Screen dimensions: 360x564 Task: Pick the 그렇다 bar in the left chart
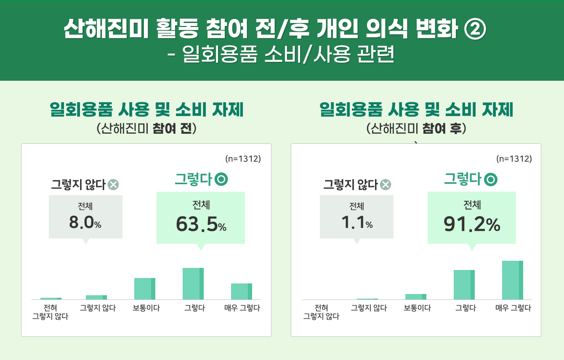(193, 283)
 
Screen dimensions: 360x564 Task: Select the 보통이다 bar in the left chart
(145, 289)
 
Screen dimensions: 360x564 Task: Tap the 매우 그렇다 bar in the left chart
(242, 291)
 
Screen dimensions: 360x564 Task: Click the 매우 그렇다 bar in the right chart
(513, 280)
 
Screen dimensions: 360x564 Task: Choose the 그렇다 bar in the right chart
(464, 285)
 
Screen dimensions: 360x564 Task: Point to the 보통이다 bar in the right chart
(416, 296)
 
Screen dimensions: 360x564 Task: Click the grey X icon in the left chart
(113, 184)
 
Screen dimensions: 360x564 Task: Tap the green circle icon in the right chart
(491, 180)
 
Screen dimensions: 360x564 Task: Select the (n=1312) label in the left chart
(243, 159)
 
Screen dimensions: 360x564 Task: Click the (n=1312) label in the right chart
(514, 159)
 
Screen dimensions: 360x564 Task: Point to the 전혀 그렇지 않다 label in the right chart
(321, 312)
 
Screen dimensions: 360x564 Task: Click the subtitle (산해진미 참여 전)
(146, 128)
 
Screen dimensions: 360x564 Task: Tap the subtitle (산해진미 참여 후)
(416, 128)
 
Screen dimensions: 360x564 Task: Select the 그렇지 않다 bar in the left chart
(96, 297)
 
